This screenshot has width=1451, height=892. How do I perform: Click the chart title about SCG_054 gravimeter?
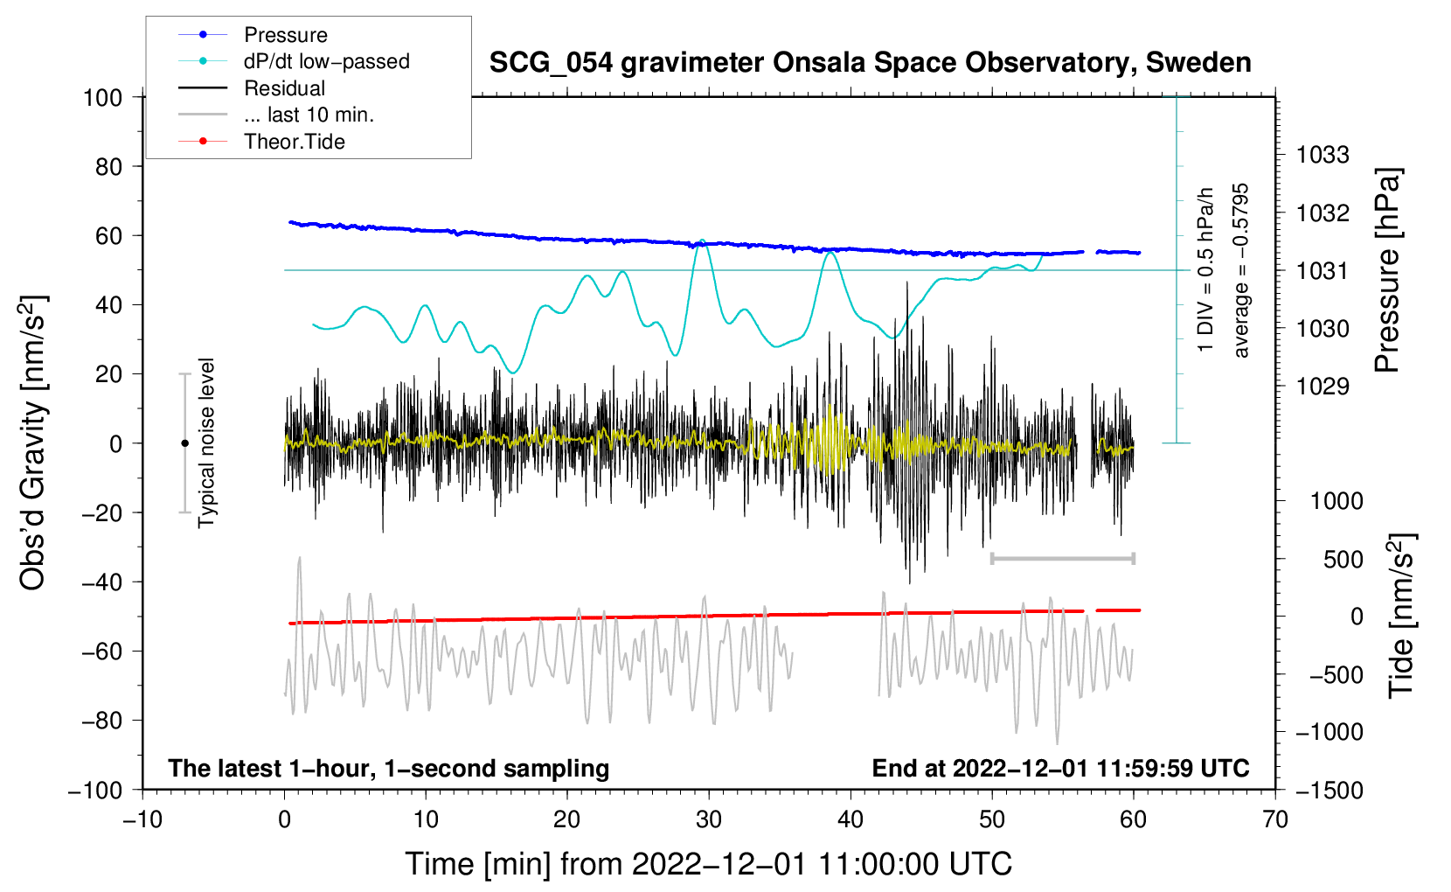pyautogui.click(x=870, y=63)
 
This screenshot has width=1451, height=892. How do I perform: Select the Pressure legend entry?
pyautogui.click(x=285, y=35)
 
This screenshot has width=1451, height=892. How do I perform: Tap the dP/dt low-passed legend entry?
pyautogui.click(x=326, y=61)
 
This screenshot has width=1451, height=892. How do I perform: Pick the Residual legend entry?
pyautogui.click(x=284, y=88)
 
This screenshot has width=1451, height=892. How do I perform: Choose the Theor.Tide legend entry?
pyautogui.click(x=294, y=142)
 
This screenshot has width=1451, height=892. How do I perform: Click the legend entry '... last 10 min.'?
pyautogui.click(x=309, y=115)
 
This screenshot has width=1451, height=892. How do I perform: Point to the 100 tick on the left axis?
pyautogui.click(x=103, y=97)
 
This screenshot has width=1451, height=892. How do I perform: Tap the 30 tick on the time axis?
pyautogui.click(x=709, y=819)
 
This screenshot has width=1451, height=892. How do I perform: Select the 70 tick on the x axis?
pyautogui.click(x=1275, y=819)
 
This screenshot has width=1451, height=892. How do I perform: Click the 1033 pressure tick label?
pyautogui.click(x=1323, y=156)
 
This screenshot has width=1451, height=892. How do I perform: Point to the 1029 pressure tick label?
pyautogui.click(x=1323, y=387)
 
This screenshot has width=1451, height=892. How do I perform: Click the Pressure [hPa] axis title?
pyautogui.click(x=1388, y=270)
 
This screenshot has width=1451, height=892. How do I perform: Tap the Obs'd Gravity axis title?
pyautogui.click(x=33, y=443)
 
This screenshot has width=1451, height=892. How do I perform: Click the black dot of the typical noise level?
pyautogui.click(x=184, y=443)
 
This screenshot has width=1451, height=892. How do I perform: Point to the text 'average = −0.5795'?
pyautogui.click(x=1241, y=270)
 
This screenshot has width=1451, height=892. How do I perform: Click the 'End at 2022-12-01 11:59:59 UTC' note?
pyautogui.click(x=1060, y=768)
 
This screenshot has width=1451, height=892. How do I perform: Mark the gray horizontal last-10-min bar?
pyautogui.click(x=1062, y=558)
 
